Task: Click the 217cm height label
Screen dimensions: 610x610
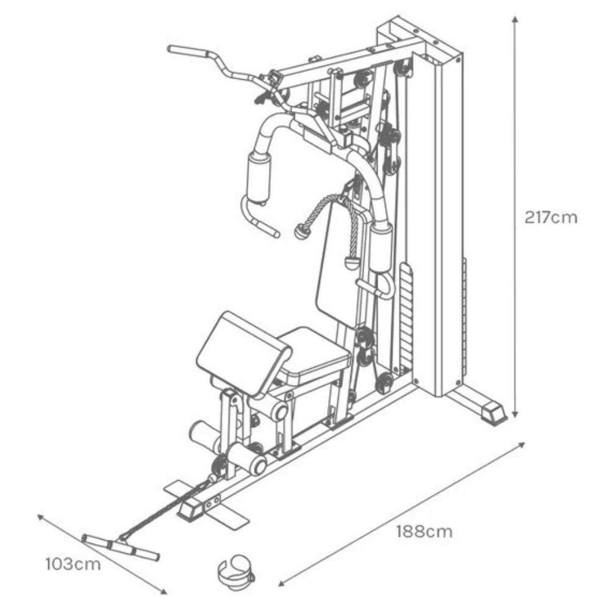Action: pyautogui.click(x=550, y=218)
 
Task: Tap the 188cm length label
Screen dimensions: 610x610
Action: pyautogui.click(x=425, y=531)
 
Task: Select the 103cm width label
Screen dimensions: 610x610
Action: pyautogui.click(x=73, y=564)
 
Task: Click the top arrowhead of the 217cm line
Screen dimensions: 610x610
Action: pyautogui.click(x=515, y=20)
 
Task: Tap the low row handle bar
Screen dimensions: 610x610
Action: pyautogui.click(x=121, y=547)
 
